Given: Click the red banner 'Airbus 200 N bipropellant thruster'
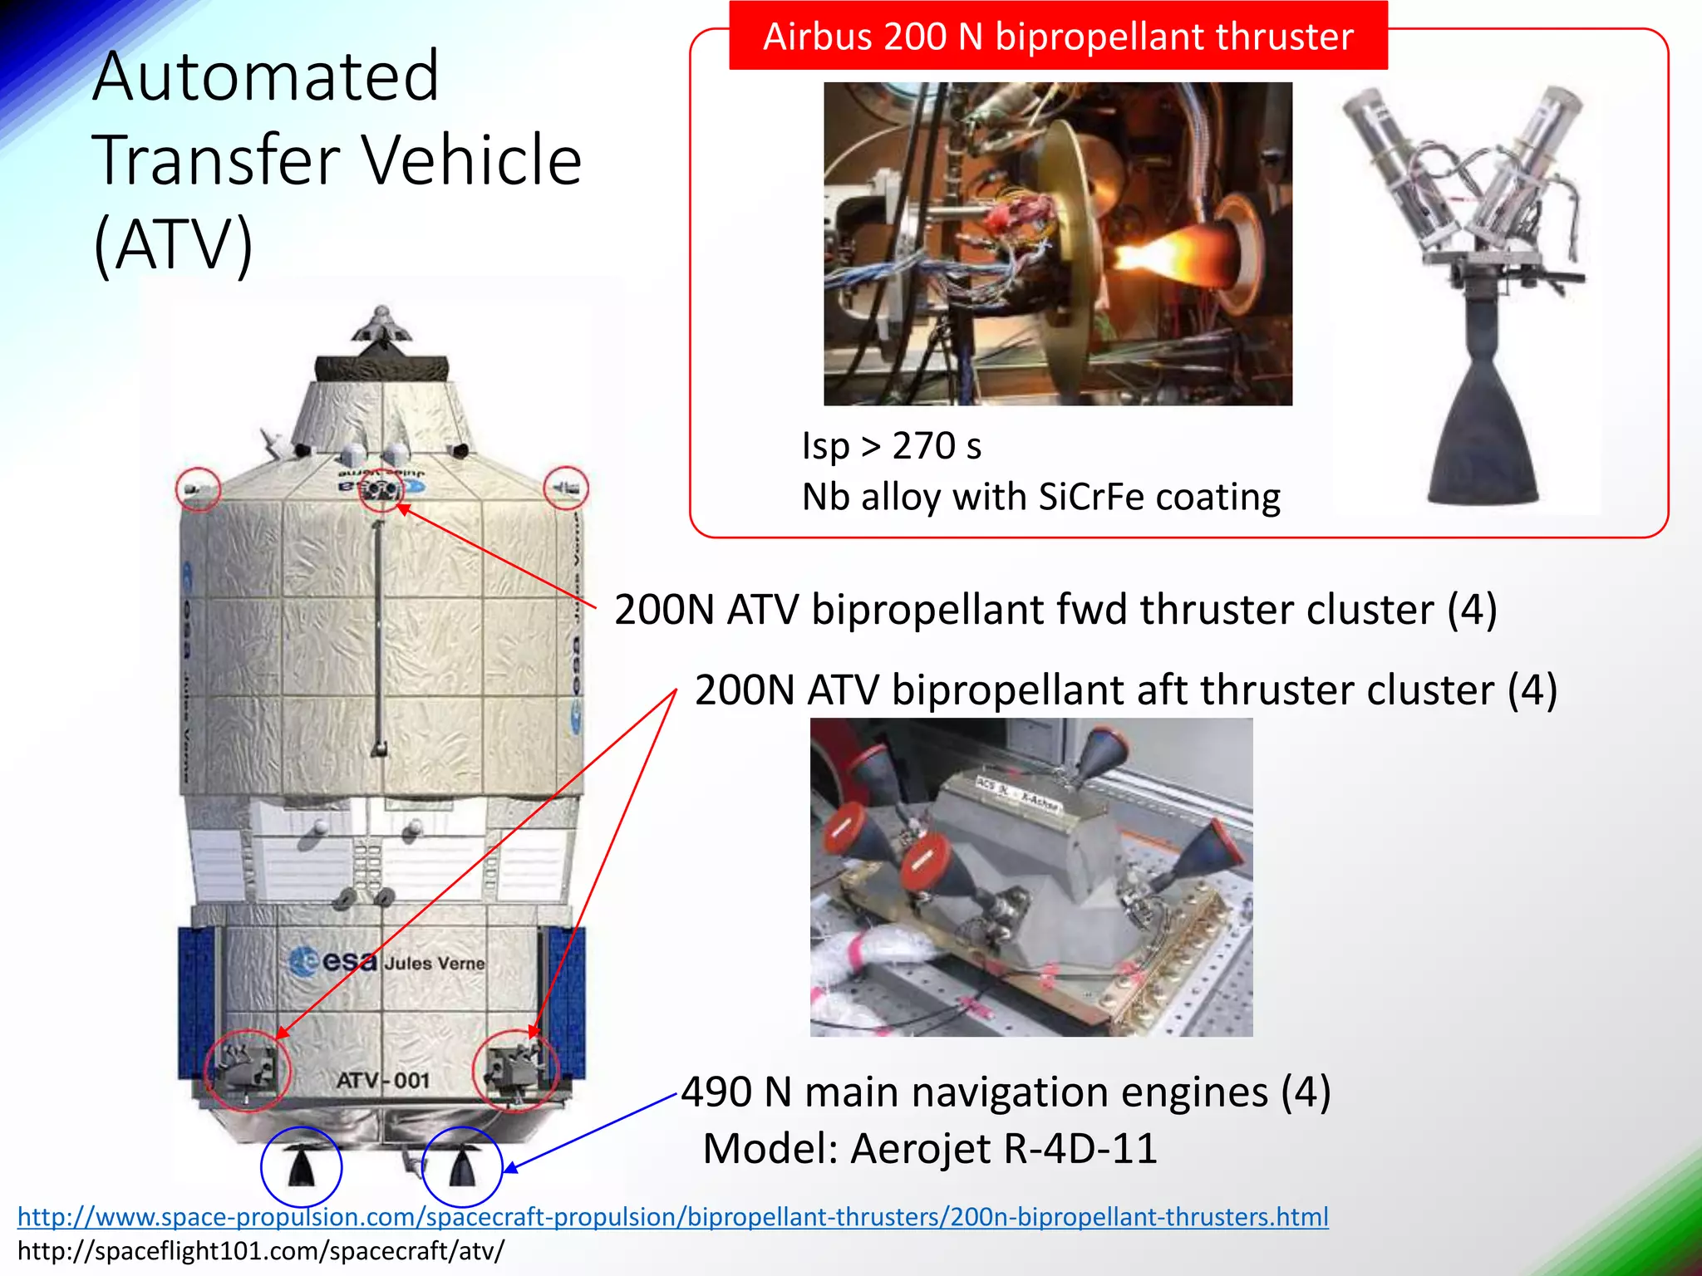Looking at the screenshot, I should (1058, 37).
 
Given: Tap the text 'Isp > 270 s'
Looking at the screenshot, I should (891, 446).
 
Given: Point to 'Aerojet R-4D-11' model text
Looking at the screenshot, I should (1004, 1149).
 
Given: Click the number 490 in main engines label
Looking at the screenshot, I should (716, 1092).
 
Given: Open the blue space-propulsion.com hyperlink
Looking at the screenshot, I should (672, 1217).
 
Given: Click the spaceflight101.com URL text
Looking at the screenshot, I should (260, 1251).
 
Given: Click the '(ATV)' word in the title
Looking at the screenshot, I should (173, 243).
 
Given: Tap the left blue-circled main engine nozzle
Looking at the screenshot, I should (301, 1166).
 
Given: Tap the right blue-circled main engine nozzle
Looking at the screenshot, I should (462, 1167).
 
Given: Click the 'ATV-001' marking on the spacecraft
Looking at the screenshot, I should (383, 1080).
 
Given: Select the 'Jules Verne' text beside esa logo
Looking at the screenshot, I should (434, 963).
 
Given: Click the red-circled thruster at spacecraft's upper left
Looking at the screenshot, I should (198, 488).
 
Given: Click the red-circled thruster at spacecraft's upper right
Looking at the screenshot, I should (566, 488).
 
